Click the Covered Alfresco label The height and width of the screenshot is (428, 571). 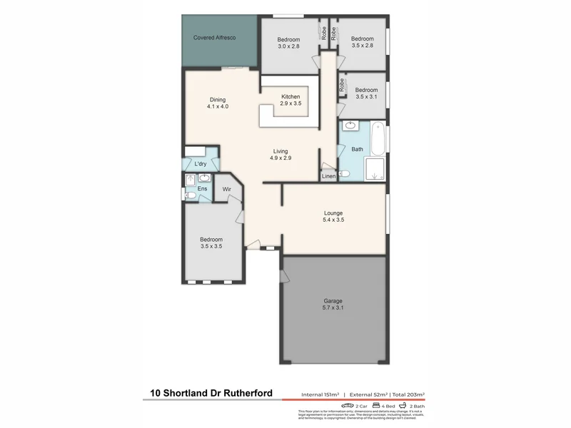(215, 37)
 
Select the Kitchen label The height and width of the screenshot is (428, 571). (290, 96)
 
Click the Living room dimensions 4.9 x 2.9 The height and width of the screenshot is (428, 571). (280, 157)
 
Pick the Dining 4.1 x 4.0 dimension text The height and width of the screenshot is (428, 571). (218, 106)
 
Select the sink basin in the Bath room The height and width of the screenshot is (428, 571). (350, 127)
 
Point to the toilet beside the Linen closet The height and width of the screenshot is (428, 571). (344, 173)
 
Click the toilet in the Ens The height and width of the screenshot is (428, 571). (191, 195)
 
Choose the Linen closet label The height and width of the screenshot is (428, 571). (328, 175)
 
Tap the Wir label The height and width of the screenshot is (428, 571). (226, 189)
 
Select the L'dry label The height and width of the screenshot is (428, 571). (201, 165)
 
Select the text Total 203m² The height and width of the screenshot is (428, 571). (406, 394)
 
